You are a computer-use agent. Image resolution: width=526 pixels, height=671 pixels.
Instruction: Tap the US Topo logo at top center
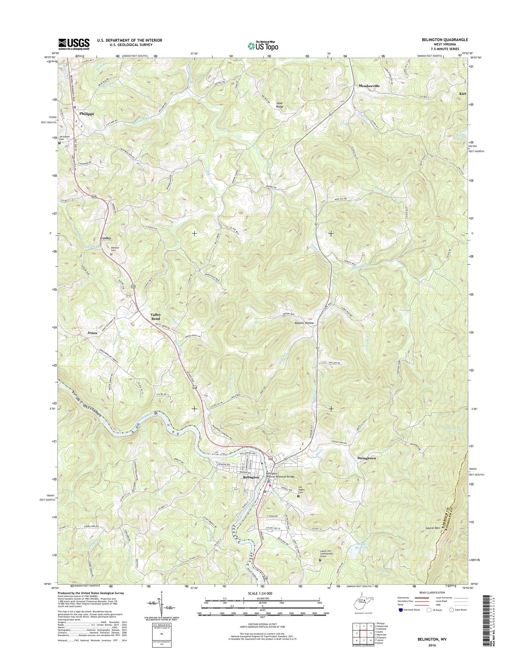pyautogui.click(x=263, y=46)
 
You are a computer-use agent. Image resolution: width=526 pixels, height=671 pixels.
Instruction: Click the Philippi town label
pyautogui.click(x=87, y=114)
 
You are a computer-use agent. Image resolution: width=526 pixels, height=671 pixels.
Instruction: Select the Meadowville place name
pyautogui.click(x=369, y=86)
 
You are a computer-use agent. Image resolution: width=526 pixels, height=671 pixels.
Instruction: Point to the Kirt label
pyautogui.click(x=463, y=94)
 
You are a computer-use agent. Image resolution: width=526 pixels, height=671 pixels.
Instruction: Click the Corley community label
pyautogui.click(x=106, y=238)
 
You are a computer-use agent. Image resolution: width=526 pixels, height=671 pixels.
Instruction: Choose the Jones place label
pyautogui.click(x=92, y=333)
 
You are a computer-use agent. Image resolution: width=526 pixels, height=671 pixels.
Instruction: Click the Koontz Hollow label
pyautogui.click(x=304, y=323)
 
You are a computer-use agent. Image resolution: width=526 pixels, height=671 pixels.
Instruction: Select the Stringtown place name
pyautogui.click(x=366, y=458)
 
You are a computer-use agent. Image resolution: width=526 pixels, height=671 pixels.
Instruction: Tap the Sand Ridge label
pyautogui.click(x=279, y=105)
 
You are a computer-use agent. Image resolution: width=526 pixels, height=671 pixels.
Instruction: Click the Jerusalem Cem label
pyautogui.click(x=66, y=138)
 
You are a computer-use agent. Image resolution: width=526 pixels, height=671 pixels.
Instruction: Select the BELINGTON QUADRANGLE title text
pyautogui.click(x=444, y=40)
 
